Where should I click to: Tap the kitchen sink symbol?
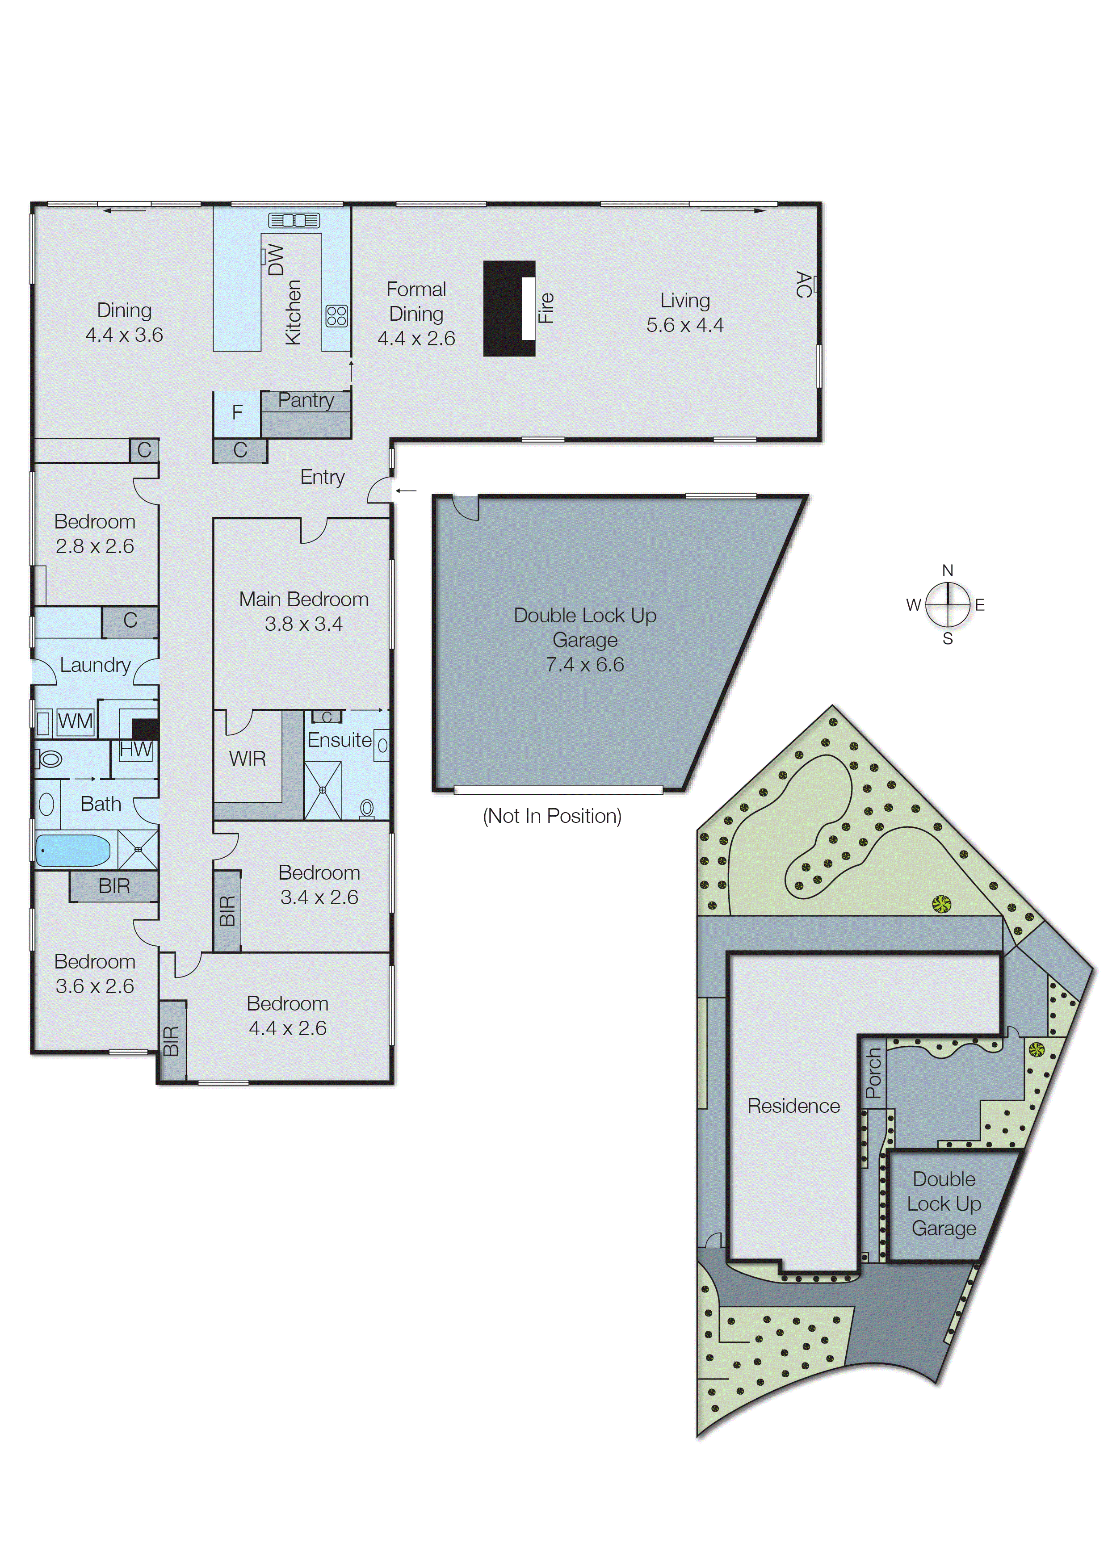[x=294, y=220]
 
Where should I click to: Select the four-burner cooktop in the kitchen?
[x=336, y=316]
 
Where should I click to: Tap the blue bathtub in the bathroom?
[x=72, y=851]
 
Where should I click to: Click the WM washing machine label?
[x=75, y=721]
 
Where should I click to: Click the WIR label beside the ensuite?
[x=247, y=759]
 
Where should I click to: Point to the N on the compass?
[x=947, y=570]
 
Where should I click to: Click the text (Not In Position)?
[x=551, y=816]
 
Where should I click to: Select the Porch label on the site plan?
[x=873, y=1073]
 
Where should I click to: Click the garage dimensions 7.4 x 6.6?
[x=585, y=664]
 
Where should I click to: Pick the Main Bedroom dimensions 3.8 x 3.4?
[x=304, y=624]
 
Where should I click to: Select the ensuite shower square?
[x=322, y=790]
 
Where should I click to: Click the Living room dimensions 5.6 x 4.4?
[x=684, y=325]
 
